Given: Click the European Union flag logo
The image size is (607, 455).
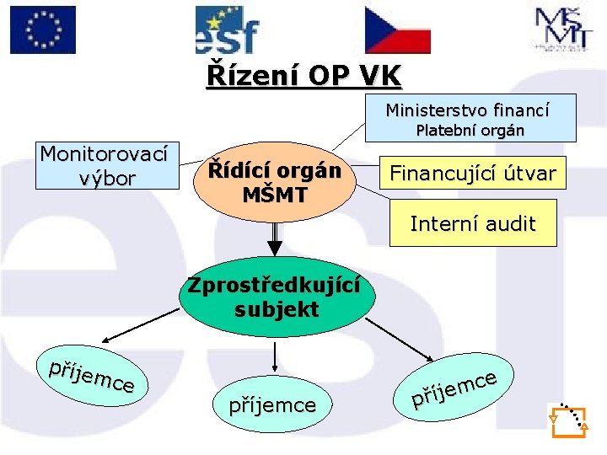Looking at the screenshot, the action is tap(42, 30).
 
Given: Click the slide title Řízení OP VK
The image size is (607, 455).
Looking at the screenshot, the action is tap(304, 76).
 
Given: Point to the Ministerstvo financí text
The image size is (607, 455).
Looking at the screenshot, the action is tap(468, 110).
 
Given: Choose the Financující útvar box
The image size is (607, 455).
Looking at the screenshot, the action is tap(472, 174).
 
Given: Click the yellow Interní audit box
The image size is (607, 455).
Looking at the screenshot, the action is tap(472, 223).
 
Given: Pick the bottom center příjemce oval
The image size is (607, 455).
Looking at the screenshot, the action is tap(272, 405).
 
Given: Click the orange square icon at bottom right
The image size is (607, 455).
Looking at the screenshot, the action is tap(567, 420).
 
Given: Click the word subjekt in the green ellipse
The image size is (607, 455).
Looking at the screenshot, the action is tap(277, 309).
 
